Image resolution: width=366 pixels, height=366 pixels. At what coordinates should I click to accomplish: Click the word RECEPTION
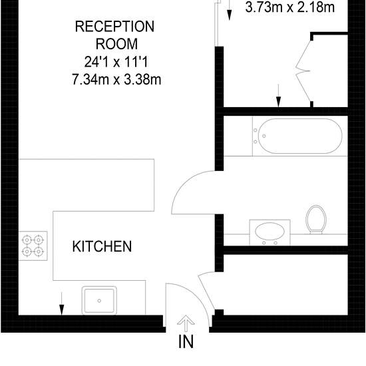pos(114,27)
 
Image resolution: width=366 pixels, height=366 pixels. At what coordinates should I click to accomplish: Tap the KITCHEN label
pos(102,246)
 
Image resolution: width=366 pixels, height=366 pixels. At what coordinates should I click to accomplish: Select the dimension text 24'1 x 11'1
pos(116,62)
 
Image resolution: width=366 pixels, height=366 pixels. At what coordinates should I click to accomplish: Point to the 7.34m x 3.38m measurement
pos(116,80)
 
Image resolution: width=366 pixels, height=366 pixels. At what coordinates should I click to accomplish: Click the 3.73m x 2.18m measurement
pos(290,7)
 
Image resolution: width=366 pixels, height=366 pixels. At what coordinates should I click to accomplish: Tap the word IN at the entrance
pos(186,342)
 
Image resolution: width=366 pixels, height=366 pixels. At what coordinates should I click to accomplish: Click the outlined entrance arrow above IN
pos(186,323)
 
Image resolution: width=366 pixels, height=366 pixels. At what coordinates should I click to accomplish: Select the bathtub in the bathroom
pos(300,136)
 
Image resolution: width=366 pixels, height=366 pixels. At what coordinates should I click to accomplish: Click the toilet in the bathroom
pos(316,220)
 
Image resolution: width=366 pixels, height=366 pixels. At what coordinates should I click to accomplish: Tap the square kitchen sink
pos(99,300)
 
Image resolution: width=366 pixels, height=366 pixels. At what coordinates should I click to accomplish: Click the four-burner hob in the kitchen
pos(33,246)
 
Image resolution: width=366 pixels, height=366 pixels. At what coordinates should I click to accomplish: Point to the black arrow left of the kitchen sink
pos(61,303)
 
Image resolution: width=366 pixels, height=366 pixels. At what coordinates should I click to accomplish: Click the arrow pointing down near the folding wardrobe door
pos(278,96)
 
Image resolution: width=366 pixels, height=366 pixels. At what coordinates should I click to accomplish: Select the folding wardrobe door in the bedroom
pos(303,71)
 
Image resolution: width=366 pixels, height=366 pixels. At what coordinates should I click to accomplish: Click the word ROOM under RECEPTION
pos(116,44)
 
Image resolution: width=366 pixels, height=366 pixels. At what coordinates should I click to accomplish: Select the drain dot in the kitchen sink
pos(99,301)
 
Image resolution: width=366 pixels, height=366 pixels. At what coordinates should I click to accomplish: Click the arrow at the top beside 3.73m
pos(230,10)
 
